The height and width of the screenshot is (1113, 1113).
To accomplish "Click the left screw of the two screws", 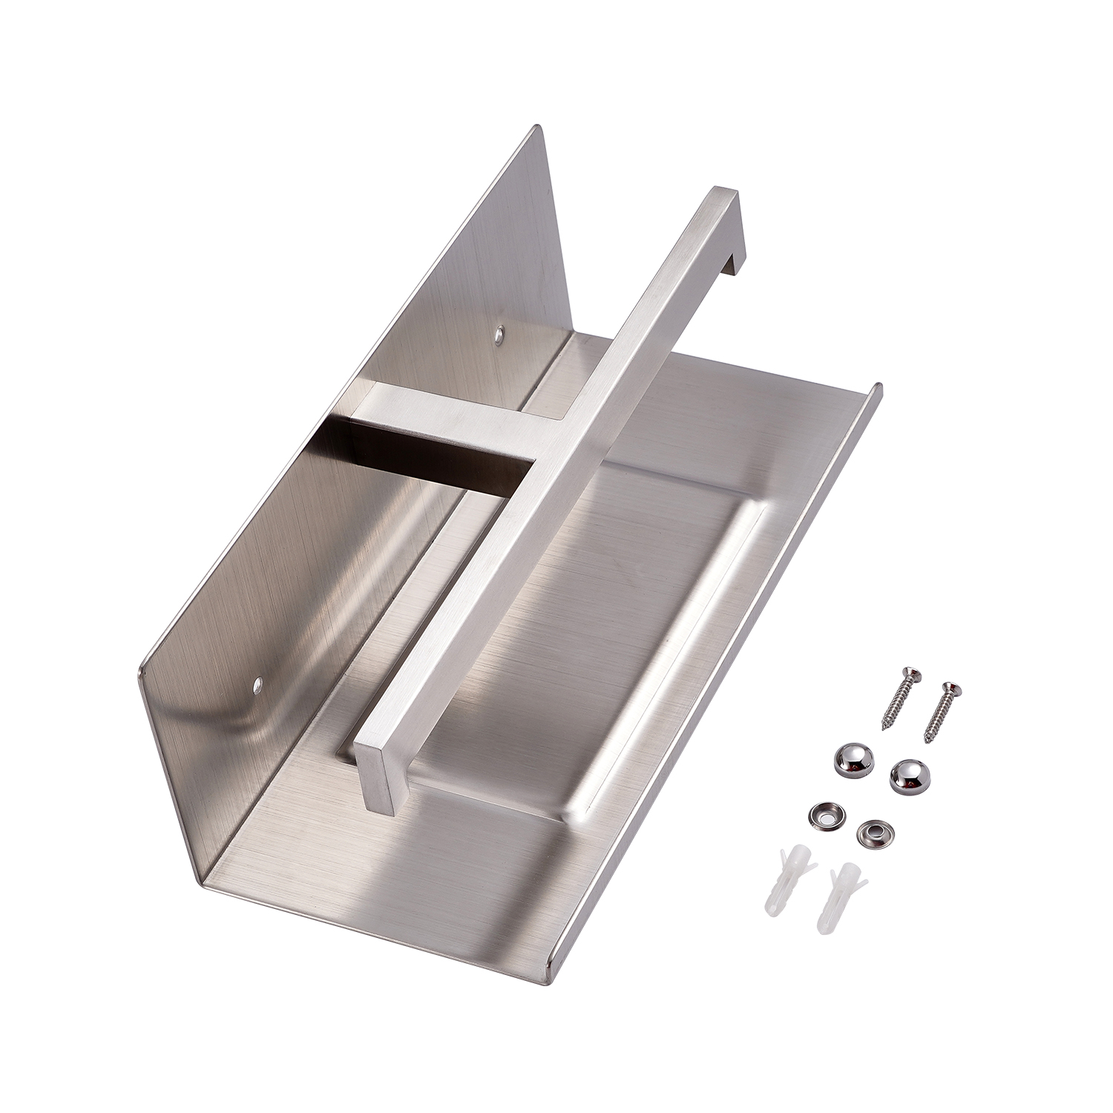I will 899,698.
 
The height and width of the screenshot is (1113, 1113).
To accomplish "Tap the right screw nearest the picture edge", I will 942,713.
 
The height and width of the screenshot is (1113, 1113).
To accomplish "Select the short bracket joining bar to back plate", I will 445,418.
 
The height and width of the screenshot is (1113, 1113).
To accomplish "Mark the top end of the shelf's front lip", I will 878,387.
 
